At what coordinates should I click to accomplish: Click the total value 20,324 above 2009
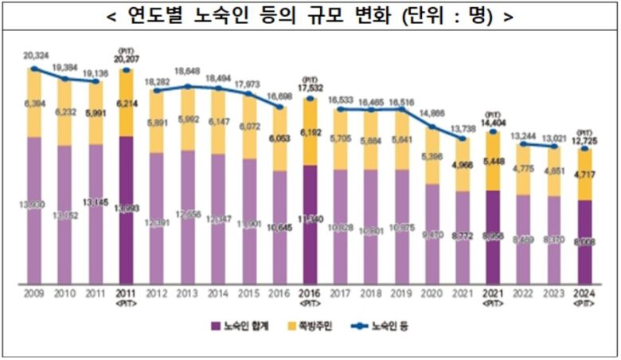[33, 57]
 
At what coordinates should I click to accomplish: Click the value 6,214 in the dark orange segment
[126, 103]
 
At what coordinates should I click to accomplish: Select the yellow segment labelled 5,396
[432, 156]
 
